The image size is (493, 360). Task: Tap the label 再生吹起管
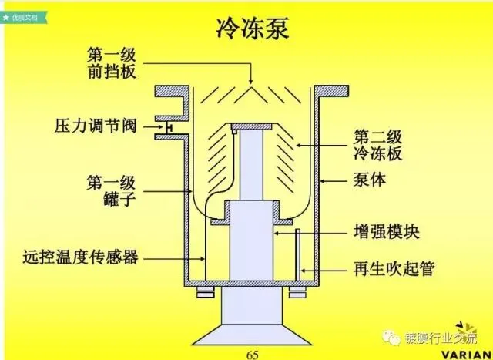click(x=394, y=268)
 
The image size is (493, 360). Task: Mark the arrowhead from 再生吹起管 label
click(x=304, y=268)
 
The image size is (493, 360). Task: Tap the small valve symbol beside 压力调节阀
click(x=164, y=126)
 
